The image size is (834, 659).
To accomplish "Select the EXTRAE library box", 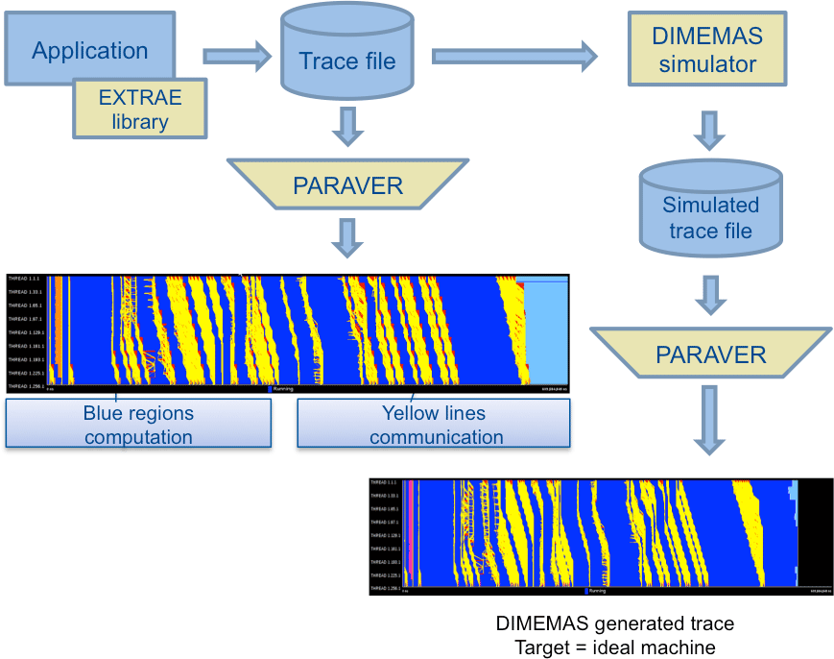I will click(139, 110).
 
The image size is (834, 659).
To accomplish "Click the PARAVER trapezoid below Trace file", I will click(347, 184).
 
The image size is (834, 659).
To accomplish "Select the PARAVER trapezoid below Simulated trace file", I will click(710, 354).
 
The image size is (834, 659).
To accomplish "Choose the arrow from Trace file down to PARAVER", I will click(347, 126).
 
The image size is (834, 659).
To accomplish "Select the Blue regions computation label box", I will click(138, 425).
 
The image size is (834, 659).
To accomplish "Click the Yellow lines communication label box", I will click(435, 425).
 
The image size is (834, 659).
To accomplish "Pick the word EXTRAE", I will click(140, 98).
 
